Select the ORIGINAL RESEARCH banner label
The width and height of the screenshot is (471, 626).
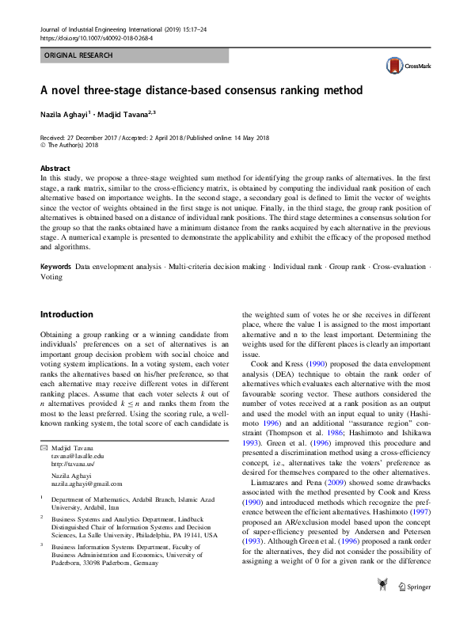[78, 55]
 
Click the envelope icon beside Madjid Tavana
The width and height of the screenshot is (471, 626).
[44, 448]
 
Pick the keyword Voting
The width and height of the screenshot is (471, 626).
[51, 278]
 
